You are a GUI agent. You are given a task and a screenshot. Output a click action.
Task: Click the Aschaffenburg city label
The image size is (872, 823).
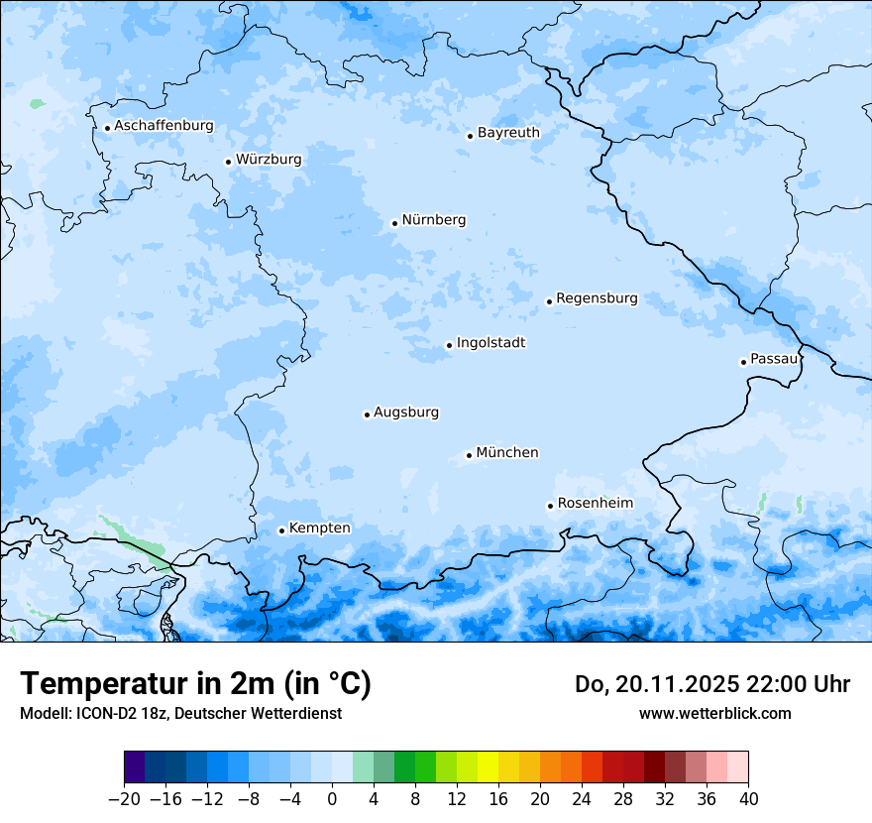(163, 126)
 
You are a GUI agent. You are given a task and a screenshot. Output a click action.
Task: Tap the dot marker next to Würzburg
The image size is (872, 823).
(228, 162)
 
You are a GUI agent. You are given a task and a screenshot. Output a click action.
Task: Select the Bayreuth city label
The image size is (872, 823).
(508, 132)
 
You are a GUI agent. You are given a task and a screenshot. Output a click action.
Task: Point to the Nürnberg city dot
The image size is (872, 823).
(394, 223)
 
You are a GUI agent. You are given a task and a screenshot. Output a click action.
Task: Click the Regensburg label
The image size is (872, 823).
(597, 297)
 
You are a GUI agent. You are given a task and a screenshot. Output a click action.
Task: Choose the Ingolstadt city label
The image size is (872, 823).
(490, 342)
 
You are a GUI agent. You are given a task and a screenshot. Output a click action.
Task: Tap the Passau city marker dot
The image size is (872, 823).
(743, 362)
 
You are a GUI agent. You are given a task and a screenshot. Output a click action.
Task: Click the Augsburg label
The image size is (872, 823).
(405, 411)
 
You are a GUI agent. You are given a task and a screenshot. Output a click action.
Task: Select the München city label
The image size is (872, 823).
(506, 452)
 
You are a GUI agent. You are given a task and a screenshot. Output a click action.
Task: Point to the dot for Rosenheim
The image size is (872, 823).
(550, 506)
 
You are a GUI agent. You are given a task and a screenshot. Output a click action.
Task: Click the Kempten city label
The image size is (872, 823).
(319, 528)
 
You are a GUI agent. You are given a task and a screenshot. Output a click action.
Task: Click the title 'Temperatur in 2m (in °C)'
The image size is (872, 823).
(195, 683)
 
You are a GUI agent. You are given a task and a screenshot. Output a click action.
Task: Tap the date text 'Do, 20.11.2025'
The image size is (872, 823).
(657, 684)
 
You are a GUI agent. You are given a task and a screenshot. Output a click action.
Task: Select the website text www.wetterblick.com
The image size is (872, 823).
(714, 713)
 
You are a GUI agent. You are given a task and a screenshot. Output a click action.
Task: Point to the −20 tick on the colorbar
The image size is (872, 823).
(124, 799)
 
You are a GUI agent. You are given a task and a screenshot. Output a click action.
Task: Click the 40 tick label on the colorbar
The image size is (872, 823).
(748, 799)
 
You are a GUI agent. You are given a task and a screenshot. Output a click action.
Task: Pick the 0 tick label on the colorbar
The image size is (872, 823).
(332, 799)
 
